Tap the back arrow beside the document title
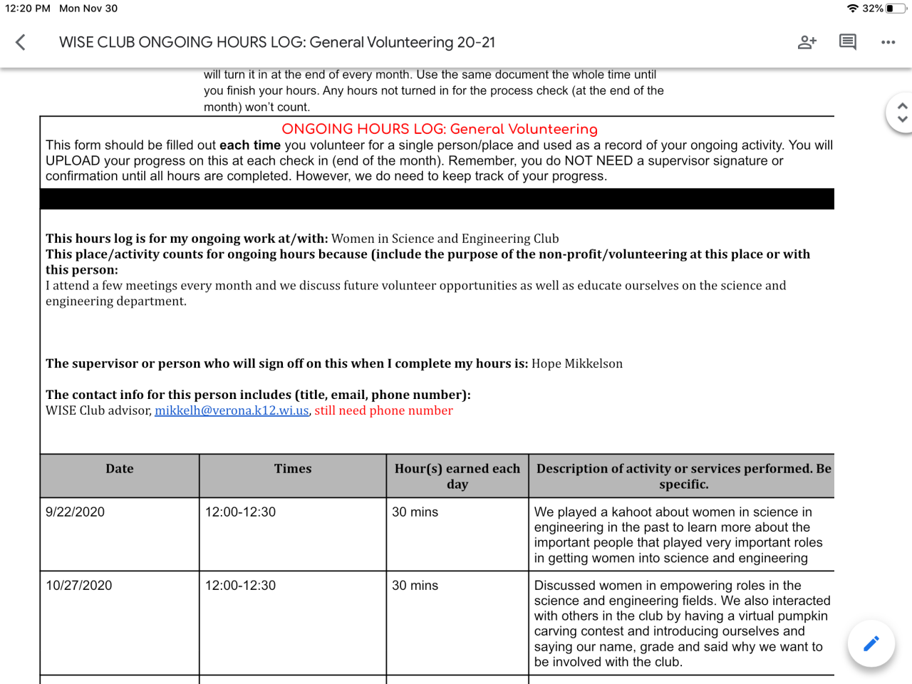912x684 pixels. (21, 43)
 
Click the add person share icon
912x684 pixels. (807, 43)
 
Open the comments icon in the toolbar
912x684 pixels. (847, 43)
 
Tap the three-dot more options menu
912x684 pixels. (888, 43)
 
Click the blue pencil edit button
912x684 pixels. (871, 643)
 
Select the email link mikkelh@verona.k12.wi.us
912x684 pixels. (232, 410)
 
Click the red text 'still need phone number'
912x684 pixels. (383, 410)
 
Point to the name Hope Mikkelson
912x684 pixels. (576, 363)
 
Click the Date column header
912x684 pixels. (120, 469)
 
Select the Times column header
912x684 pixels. (293, 469)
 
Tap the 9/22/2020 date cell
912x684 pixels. (75, 512)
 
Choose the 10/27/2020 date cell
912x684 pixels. (78, 586)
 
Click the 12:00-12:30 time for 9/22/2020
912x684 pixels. (240, 512)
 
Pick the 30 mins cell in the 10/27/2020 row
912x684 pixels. (415, 586)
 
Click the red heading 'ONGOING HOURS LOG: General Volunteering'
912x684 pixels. (439, 129)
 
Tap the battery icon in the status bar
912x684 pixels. (895, 9)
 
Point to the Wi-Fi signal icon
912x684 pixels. (852, 9)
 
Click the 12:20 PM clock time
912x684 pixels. (28, 9)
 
